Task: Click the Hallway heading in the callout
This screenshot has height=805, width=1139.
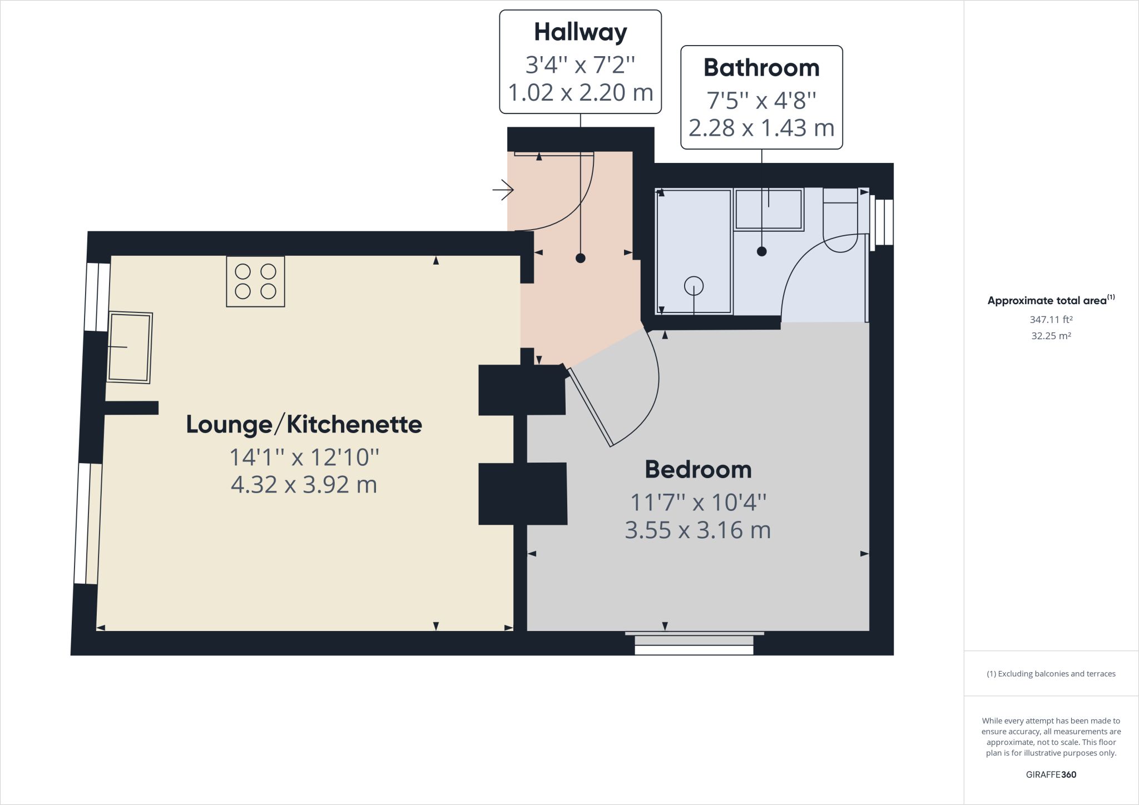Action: [580, 32]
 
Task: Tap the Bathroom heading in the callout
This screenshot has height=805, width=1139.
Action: [761, 68]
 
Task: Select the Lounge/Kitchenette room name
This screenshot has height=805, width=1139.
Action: [304, 424]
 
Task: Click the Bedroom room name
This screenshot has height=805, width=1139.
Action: [698, 470]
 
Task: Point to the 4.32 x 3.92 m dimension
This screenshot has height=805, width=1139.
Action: [304, 485]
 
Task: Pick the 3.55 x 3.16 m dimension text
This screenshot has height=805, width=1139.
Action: [698, 530]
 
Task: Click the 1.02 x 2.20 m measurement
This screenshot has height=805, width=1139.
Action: [580, 92]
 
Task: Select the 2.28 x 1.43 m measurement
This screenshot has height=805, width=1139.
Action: [761, 128]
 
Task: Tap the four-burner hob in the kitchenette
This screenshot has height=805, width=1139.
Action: [256, 281]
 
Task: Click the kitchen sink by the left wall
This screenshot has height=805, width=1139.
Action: [130, 347]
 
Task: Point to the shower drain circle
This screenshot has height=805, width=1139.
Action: [694, 286]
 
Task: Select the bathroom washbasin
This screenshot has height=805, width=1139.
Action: [769, 209]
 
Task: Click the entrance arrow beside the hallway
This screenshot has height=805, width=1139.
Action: [503, 190]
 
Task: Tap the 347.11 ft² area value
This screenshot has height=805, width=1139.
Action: [1051, 320]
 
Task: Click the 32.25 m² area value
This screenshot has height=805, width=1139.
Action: [1051, 336]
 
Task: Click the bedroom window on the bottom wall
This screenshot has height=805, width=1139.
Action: [694, 643]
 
